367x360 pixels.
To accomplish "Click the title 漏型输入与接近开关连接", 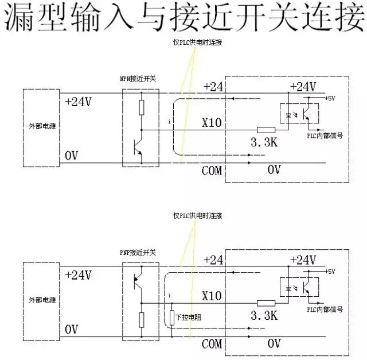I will pyautogui.click(x=183, y=19).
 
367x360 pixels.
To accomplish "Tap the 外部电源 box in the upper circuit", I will pyautogui.click(x=41, y=127).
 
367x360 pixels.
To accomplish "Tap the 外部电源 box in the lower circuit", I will pyautogui.click(x=41, y=300).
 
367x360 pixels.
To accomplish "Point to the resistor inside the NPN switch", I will pyautogui.click(x=141, y=107).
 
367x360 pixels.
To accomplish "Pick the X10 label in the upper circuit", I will pyautogui.click(x=212, y=122).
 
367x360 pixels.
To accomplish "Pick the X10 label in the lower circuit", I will pyautogui.click(x=212, y=296).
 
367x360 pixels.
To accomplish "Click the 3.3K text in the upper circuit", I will pyautogui.click(x=264, y=142).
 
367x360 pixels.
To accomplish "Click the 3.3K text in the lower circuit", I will pyautogui.click(x=264, y=316).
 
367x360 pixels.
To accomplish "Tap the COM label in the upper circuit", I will pyautogui.click(x=212, y=170).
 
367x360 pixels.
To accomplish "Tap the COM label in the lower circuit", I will pyautogui.click(x=212, y=344).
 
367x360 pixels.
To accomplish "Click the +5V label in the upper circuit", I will pyautogui.click(x=330, y=98).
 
